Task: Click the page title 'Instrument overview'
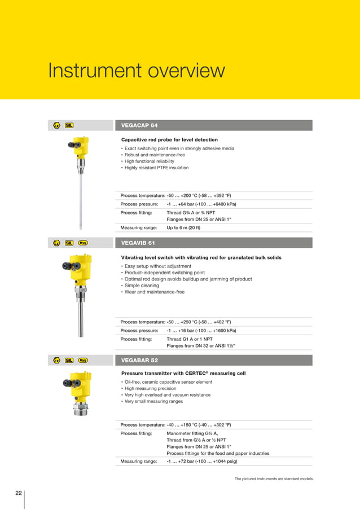[x=136, y=72]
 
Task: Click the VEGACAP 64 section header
[x=139, y=125]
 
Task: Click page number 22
[x=19, y=493]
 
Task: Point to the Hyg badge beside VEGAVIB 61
[x=83, y=243]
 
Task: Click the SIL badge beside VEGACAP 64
[x=69, y=125]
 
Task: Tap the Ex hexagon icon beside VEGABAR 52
[x=56, y=360]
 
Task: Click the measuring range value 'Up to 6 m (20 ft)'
[x=183, y=228]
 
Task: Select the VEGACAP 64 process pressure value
[x=201, y=204]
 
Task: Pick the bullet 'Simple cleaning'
[x=143, y=286]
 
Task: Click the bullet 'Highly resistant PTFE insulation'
[x=156, y=168]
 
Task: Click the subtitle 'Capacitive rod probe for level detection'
[x=169, y=139]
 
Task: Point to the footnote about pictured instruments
[x=274, y=479]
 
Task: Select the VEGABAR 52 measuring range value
[x=201, y=461]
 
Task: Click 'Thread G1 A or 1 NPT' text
[x=190, y=339]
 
